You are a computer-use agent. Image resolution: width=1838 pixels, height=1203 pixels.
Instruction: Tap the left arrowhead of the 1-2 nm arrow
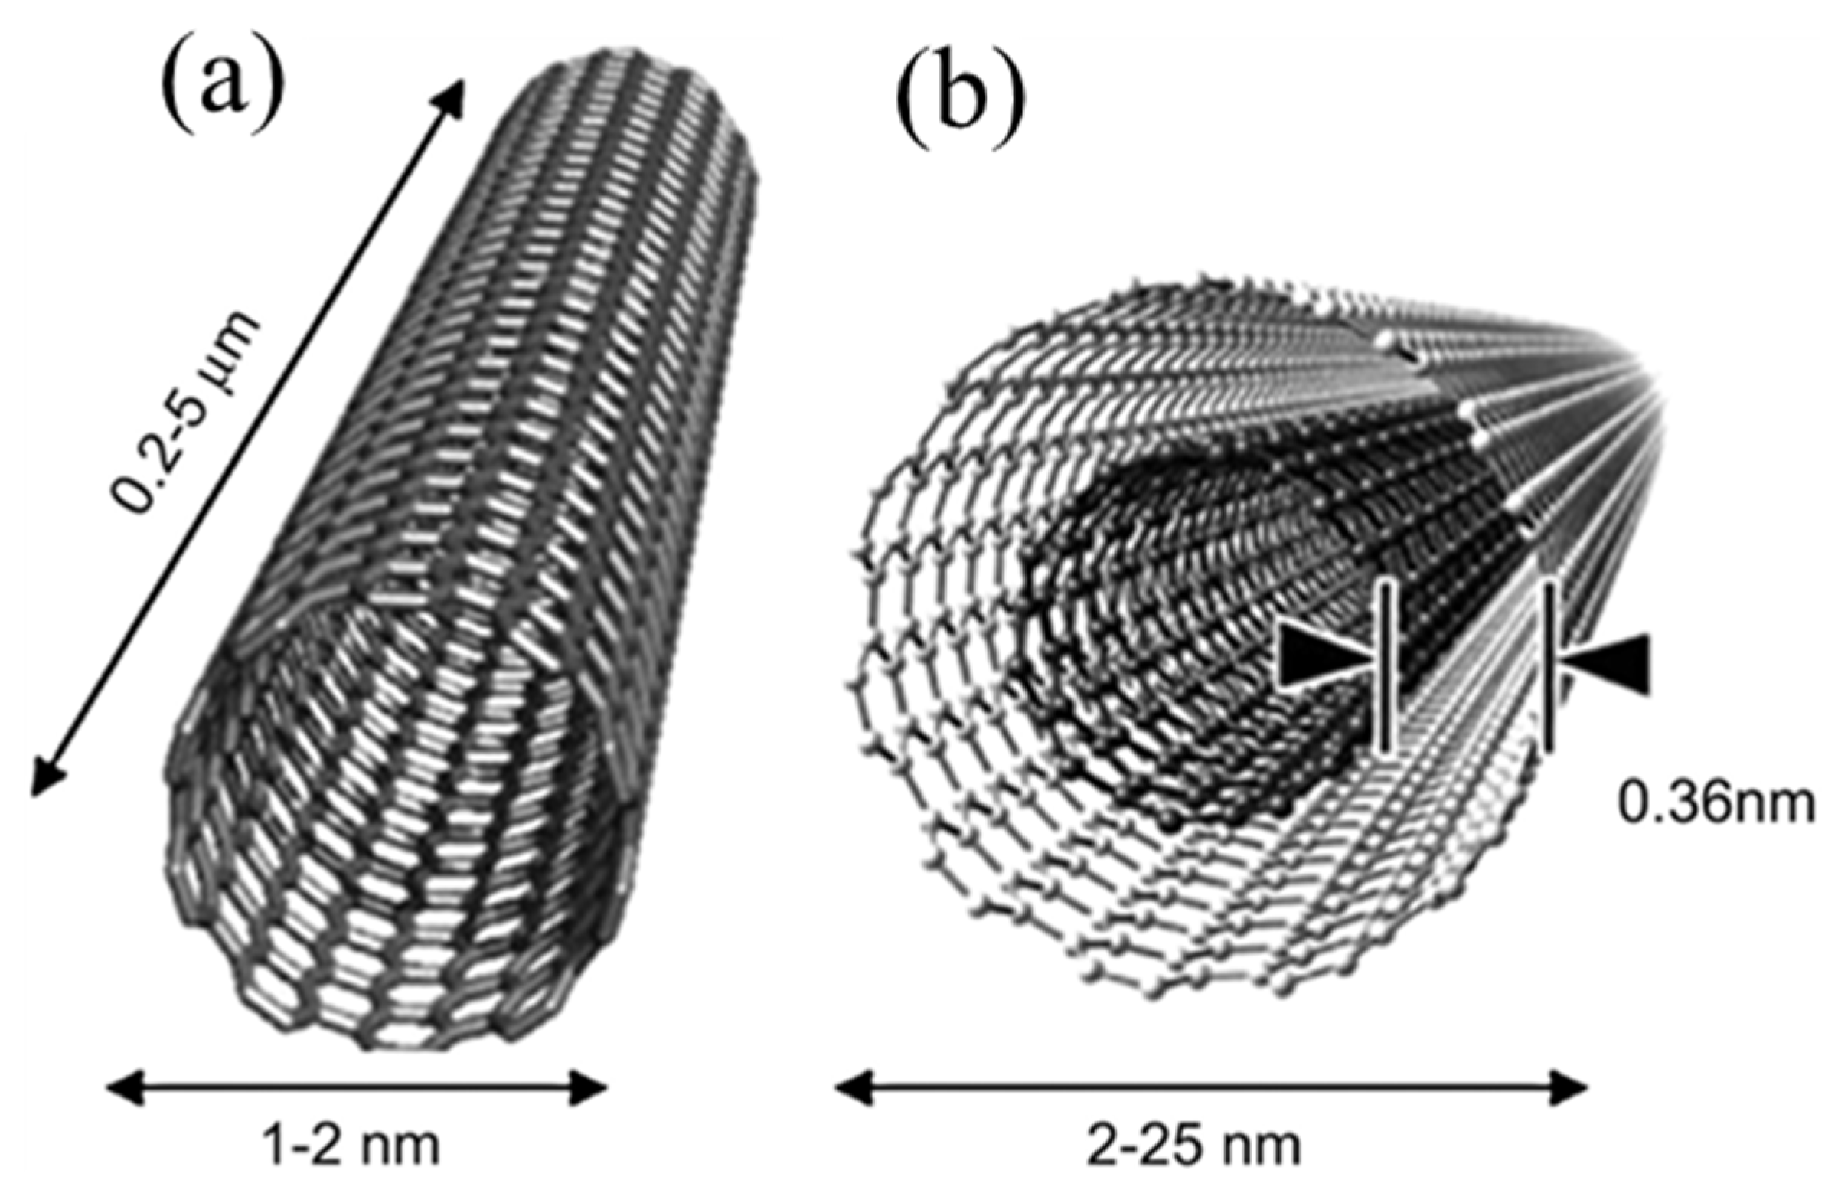[x=123, y=1087]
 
